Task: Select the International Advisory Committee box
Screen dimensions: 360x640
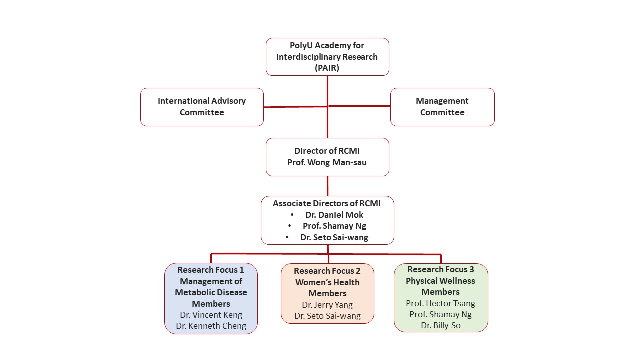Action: point(202,107)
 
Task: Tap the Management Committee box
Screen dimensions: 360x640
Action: point(442,107)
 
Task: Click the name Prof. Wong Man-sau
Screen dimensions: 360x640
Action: point(327,162)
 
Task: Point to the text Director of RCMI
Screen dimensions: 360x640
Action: point(327,151)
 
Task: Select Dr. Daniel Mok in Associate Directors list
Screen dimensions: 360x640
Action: point(334,215)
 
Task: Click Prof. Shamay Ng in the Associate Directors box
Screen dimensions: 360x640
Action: point(334,226)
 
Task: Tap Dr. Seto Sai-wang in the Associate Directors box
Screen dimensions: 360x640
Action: point(334,237)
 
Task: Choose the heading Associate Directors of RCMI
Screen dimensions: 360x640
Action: point(327,203)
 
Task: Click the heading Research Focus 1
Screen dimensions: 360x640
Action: point(211,270)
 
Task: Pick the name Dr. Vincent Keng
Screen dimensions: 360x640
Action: point(211,315)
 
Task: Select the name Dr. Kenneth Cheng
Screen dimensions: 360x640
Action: point(211,326)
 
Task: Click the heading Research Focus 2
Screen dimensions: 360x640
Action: point(327,271)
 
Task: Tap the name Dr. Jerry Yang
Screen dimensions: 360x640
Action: point(327,305)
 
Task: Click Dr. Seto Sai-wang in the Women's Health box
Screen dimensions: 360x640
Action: point(327,316)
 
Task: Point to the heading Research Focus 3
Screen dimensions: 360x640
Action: point(440,269)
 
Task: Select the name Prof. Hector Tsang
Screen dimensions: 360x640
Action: point(440,303)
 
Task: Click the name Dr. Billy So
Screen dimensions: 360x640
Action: point(440,325)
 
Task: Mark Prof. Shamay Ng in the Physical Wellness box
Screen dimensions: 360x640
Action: point(440,314)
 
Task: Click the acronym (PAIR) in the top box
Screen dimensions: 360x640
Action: point(327,68)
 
